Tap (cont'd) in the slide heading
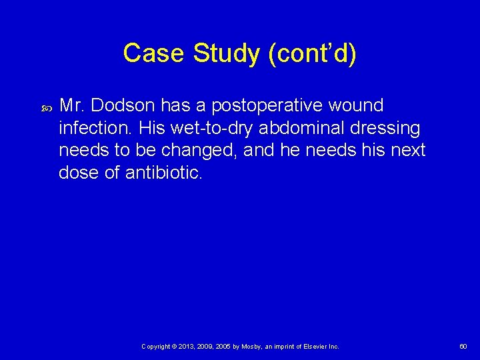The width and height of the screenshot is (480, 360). (x=312, y=53)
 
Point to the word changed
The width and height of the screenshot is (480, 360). (x=200, y=150)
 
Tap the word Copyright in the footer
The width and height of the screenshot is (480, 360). (x=156, y=347)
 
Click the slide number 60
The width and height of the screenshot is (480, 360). (x=463, y=347)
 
